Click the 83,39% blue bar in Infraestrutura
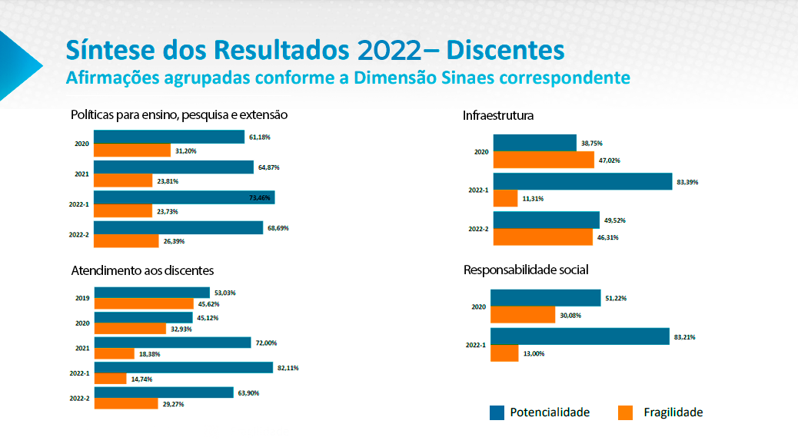(583, 181)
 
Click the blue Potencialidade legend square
(497, 412)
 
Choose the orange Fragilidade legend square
(625, 412)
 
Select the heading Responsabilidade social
(526, 270)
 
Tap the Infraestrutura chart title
(498, 116)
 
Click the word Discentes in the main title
(505, 50)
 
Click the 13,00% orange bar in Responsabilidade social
(504, 353)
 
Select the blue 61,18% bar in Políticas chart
(169, 137)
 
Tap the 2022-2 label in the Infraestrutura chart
(478, 229)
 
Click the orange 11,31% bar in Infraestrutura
(505, 198)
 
